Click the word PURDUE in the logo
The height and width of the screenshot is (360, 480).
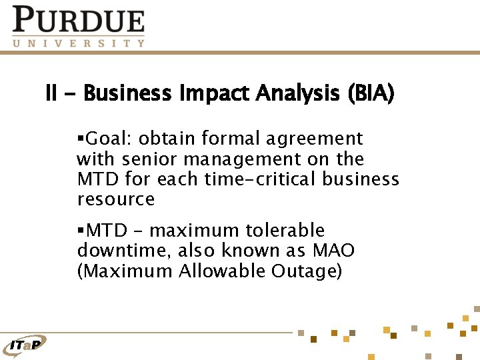[79, 20]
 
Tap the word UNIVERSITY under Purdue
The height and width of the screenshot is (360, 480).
[79, 43]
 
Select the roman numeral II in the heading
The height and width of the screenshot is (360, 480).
[51, 93]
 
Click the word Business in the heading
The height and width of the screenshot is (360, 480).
[127, 93]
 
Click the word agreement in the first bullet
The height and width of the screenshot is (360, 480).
[315, 139]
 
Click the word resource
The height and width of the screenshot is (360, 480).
[116, 199]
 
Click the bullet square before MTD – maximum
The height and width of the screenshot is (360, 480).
[80, 231]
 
